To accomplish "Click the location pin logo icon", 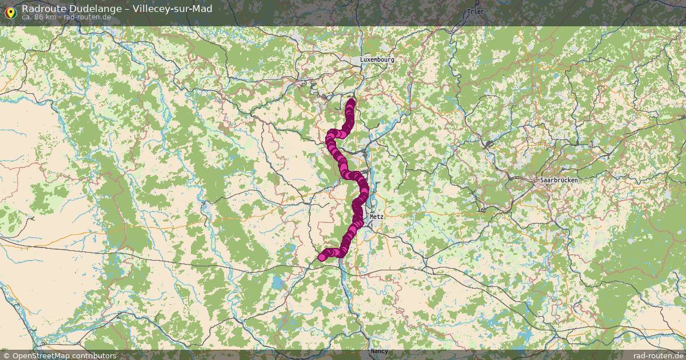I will (10, 11).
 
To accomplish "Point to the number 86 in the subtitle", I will (39, 17).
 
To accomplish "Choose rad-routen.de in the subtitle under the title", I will (87, 17).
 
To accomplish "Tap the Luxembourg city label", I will (377, 59).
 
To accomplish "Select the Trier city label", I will (474, 11).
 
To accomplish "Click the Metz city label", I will (376, 217).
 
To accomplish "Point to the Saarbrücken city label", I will (559, 180).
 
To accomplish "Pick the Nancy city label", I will (379, 350).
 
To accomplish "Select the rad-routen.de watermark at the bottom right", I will (658, 355).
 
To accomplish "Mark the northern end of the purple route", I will (351, 102).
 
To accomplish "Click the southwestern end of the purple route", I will (322, 257).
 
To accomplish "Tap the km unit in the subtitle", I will (51, 17).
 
